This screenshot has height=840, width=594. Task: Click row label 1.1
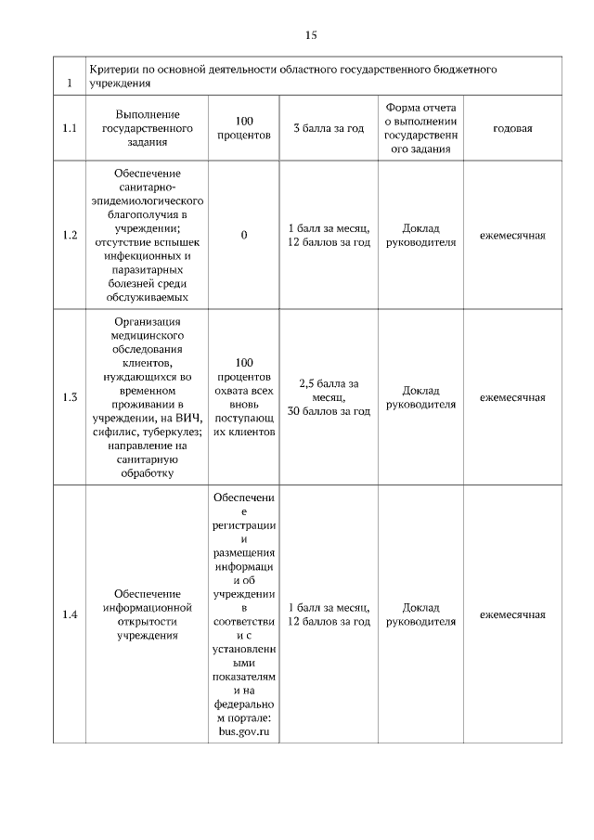pos(69,128)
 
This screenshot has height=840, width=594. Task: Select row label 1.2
pos(69,235)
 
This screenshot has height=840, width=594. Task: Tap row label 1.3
pos(69,397)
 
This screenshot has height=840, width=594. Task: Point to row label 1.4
pos(69,614)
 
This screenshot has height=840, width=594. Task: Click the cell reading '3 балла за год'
pos(328,128)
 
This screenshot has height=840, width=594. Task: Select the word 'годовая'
pos(512,128)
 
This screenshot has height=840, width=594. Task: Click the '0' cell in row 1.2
pos(244,235)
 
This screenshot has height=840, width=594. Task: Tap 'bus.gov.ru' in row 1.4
pos(244,733)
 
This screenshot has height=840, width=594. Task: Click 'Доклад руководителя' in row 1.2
pos(420,235)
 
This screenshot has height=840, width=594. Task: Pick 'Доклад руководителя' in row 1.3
pos(420,397)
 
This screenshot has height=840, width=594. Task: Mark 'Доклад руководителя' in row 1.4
pos(420,614)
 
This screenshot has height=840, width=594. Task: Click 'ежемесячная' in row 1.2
pos(512,235)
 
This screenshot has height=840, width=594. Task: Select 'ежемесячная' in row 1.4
pos(512,614)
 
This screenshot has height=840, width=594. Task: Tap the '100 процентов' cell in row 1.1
pos(244,128)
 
